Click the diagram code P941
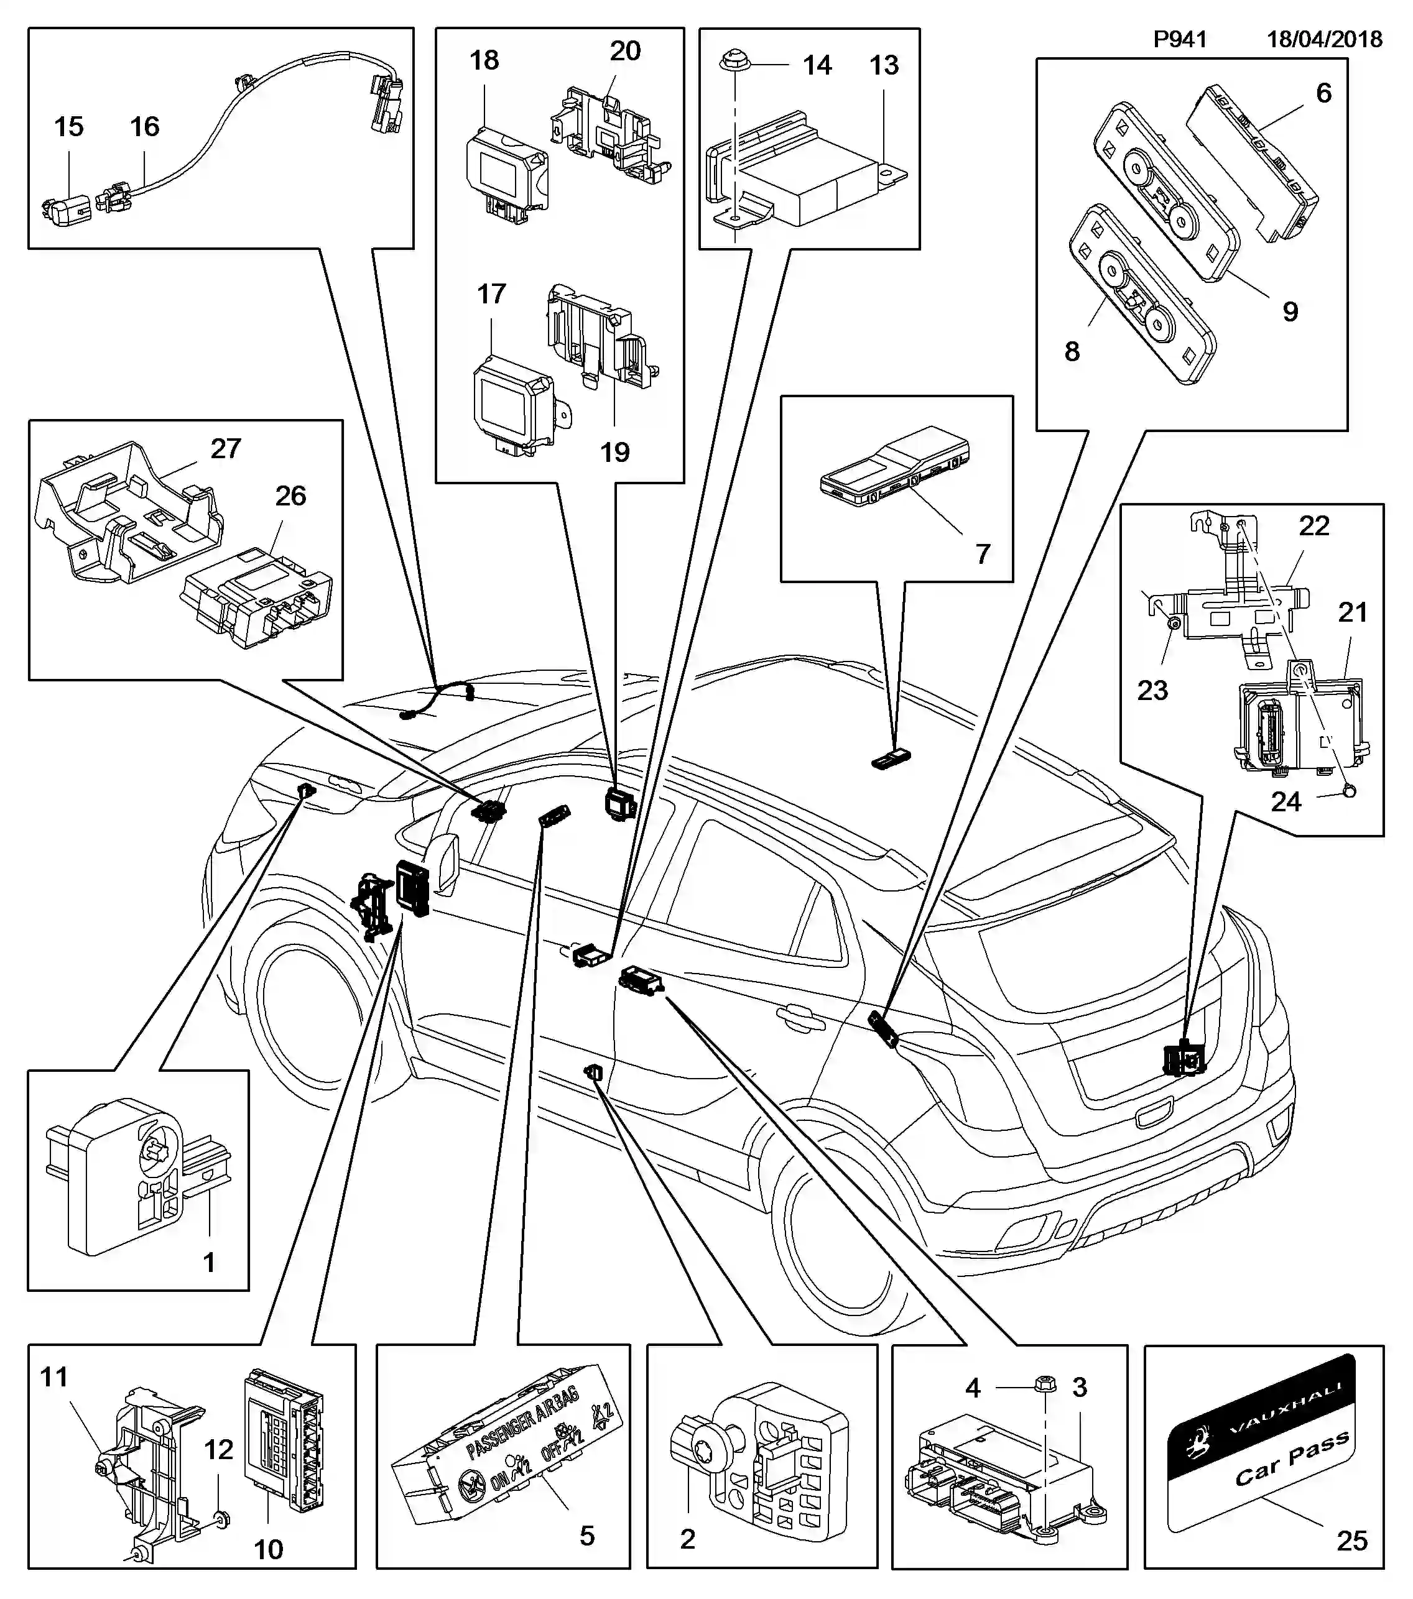pyautogui.click(x=1180, y=39)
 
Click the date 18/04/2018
pyautogui.click(x=1325, y=39)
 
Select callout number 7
pyautogui.click(x=983, y=554)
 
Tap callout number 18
pyautogui.click(x=483, y=60)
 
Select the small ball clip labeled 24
pyautogui.click(x=1349, y=791)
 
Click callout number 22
pyautogui.click(x=1313, y=526)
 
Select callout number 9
pyautogui.click(x=1290, y=311)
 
